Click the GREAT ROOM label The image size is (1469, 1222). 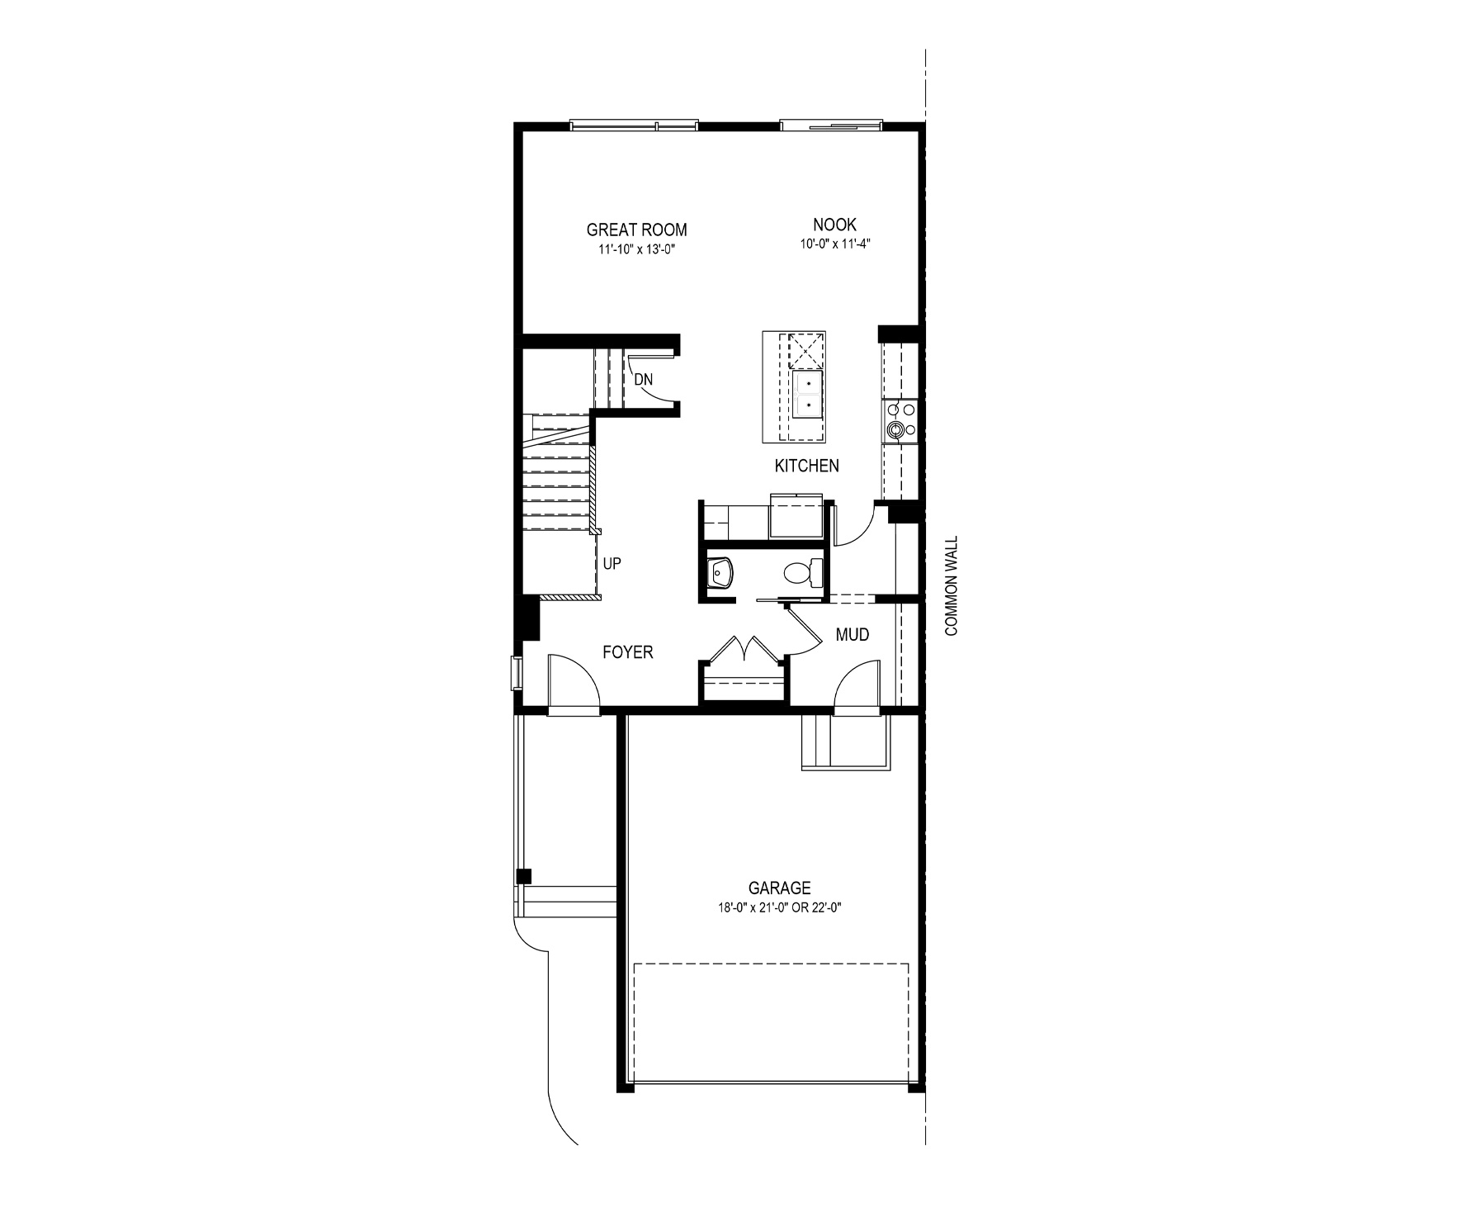(636, 230)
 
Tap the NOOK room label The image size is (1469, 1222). (834, 225)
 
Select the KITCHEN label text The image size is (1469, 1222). (806, 466)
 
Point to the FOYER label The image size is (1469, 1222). (628, 652)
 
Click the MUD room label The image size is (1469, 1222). (853, 635)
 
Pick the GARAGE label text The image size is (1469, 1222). (779, 888)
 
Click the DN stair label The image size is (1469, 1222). (644, 380)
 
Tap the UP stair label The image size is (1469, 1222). (612, 564)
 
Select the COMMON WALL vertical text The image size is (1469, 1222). (952, 586)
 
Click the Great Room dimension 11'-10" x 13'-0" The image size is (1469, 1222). (636, 249)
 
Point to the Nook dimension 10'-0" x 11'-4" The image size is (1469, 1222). (834, 244)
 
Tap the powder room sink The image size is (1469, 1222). (720, 571)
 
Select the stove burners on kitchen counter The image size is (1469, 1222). (898, 419)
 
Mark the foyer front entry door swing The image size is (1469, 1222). (573, 679)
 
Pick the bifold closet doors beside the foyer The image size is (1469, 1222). (746, 647)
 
